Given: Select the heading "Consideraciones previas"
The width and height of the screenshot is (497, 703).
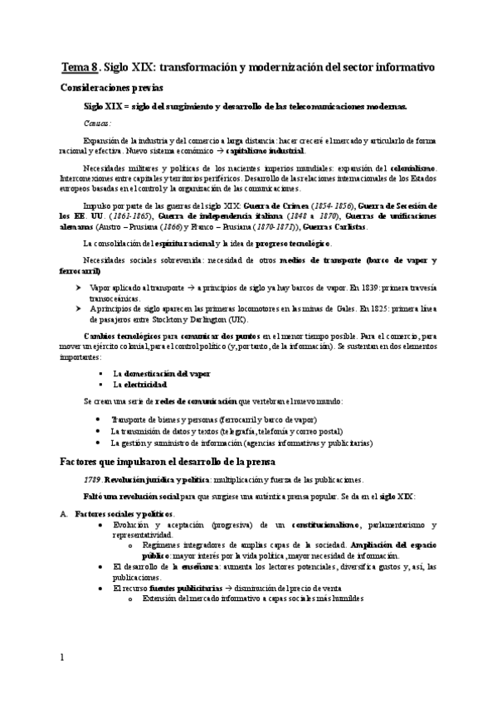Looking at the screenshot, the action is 112,87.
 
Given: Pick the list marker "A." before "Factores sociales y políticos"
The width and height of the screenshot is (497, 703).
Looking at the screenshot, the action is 64,514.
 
